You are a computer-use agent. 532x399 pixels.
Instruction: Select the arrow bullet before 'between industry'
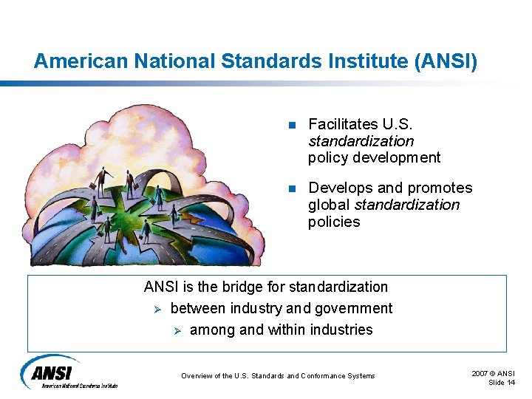153,309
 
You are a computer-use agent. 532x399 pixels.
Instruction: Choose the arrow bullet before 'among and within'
177,330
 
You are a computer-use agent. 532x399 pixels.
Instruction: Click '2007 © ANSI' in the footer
494,373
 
